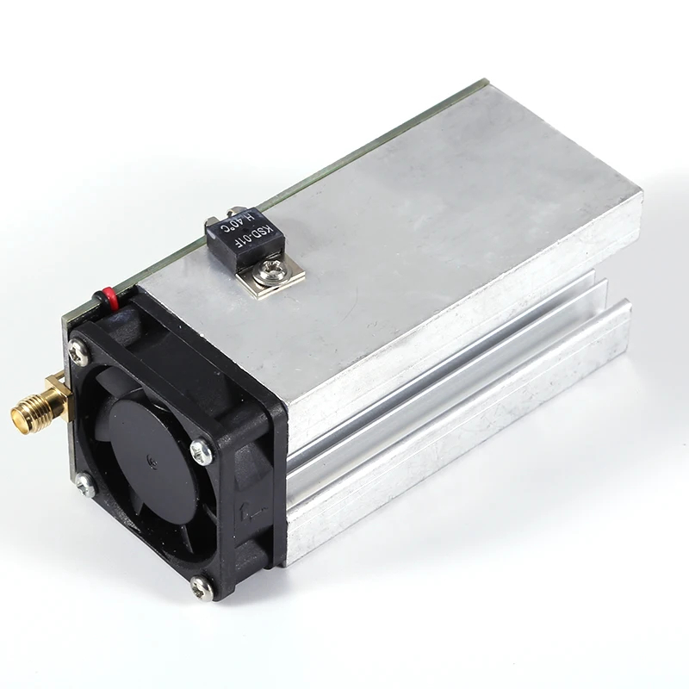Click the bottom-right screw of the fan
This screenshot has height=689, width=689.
click(x=200, y=588)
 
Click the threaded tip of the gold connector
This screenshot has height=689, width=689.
click(x=19, y=417)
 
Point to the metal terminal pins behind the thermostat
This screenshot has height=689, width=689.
click(x=212, y=225)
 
